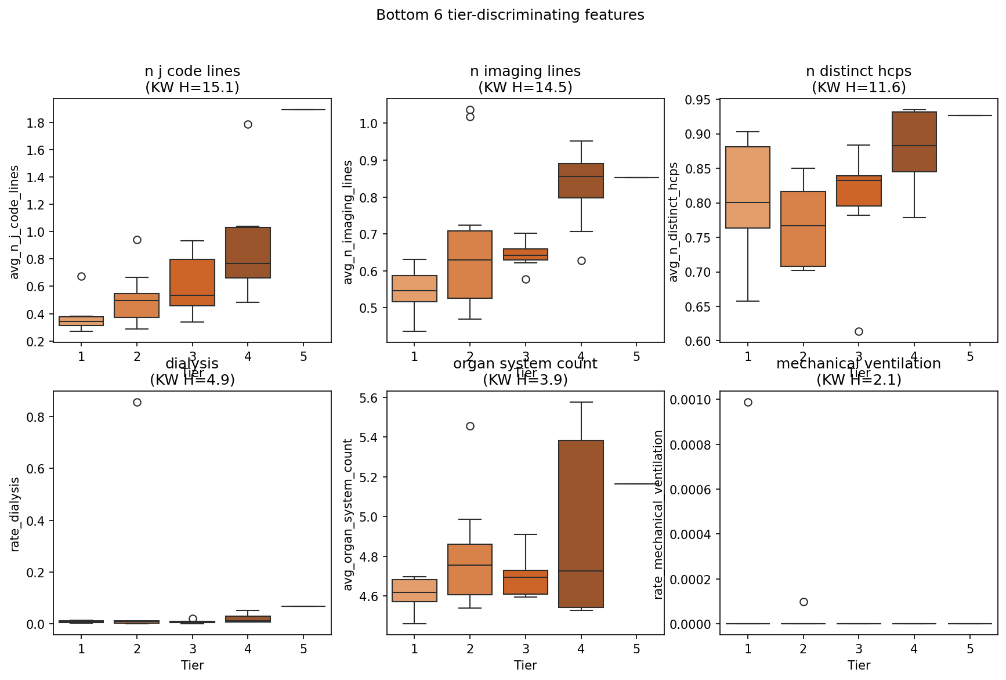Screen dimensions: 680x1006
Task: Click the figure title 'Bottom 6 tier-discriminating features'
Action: pyautogui.click(x=510, y=15)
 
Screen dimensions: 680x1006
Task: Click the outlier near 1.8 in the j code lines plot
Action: pyautogui.click(x=248, y=124)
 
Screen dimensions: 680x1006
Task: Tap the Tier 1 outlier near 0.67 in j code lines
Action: pyautogui.click(x=81, y=276)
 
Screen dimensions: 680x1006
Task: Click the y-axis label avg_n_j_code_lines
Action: pyautogui.click(x=15, y=222)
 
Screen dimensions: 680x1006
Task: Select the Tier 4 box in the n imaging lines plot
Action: pyautogui.click(x=581, y=180)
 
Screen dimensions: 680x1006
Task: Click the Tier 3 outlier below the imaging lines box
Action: pyautogui.click(x=526, y=279)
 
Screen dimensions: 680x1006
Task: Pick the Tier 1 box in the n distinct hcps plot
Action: pyautogui.click(x=748, y=187)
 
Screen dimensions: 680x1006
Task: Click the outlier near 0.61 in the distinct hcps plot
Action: pyautogui.click(x=859, y=331)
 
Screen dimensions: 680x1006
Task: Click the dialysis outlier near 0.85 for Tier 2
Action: pyautogui.click(x=137, y=402)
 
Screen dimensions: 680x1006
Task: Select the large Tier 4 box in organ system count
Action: pyautogui.click(x=581, y=523)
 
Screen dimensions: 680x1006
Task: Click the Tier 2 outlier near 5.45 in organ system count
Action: pyautogui.click(x=470, y=426)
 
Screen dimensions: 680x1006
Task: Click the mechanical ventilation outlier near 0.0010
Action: pyautogui.click(x=748, y=402)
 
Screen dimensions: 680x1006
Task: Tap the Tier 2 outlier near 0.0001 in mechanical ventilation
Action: pyautogui.click(x=804, y=602)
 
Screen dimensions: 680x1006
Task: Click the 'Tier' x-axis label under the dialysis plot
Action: pyautogui.click(x=192, y=665)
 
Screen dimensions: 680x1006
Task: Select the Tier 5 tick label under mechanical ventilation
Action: pyautogui.click(x=970, y=649)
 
